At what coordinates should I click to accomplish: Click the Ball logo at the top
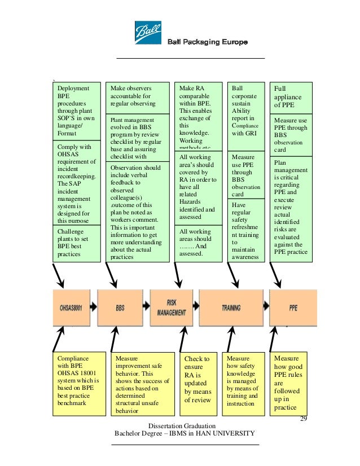(x=148, y=33)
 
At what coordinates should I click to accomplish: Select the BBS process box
(x=120, y=308)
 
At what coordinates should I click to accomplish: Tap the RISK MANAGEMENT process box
(x=172, y=308)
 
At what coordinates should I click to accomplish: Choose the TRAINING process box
(x=231, y=308)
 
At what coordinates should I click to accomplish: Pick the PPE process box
(x=293, y=308)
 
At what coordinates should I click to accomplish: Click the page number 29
(x=303, y=419)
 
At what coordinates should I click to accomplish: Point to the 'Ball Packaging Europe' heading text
(x=207, y=43)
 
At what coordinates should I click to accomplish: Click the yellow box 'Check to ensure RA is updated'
(x=197, y=380)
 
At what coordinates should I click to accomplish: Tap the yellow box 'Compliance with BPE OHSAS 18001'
(x=79, y=380)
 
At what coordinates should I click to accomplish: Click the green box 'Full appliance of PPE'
(x=291, y=97)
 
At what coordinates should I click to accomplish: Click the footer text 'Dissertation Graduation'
(x=181, y=425)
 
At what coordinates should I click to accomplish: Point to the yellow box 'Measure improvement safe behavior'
(x=138, y=384)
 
